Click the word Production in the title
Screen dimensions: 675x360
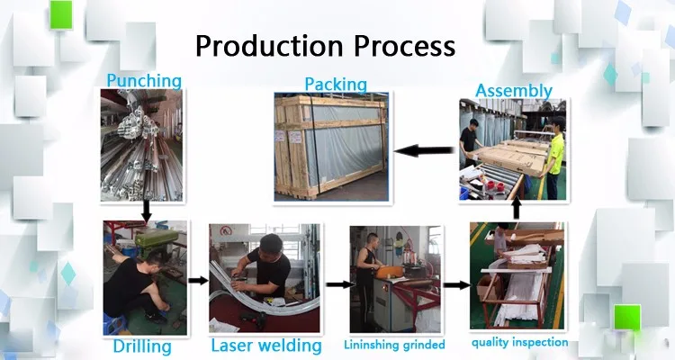tap(269, 46)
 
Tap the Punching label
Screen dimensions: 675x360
tap(144, 81)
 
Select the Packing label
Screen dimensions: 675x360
tap(336, 85)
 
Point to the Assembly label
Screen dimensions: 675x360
tap(514, 91)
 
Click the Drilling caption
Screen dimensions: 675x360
tap(142, 346)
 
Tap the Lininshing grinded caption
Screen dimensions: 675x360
tap(394, 345)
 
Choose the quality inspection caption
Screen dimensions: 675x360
tap(519, 343)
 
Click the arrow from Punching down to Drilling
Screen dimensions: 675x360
tap(147, 211)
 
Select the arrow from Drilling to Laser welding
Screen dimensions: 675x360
tap(198, 281)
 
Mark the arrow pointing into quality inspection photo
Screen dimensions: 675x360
tap(456, 284)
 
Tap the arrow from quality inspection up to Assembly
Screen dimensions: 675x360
tap(517, 210)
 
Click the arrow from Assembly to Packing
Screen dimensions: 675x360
tap(424, 150)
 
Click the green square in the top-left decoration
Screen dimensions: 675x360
tap(61, 14)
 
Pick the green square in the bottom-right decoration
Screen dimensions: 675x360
tap(627, 317)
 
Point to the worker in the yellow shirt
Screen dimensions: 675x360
tap(555, 157)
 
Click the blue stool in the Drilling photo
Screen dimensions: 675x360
tap(115, 323)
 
